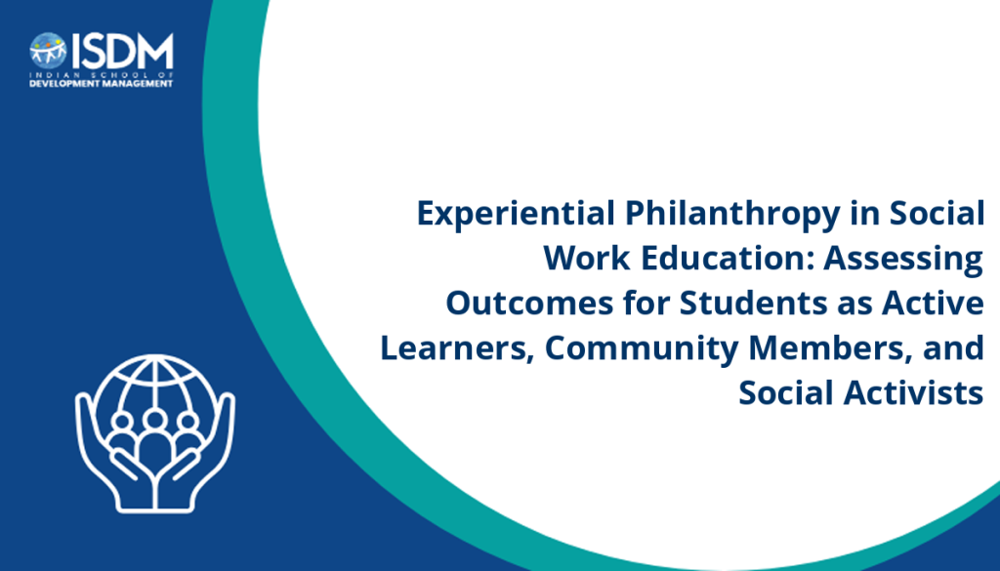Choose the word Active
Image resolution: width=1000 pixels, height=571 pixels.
tap(933, 303)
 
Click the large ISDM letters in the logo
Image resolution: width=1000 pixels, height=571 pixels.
tap(122, 51)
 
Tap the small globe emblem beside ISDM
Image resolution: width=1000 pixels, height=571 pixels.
tap(48, 51)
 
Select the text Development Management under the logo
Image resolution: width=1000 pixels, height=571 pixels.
tap(102, 84)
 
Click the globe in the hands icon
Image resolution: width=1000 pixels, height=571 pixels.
tap(155, 398)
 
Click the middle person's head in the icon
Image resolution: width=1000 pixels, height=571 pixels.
tap(154, 420)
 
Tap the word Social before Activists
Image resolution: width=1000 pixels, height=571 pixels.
tap(787, 392)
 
